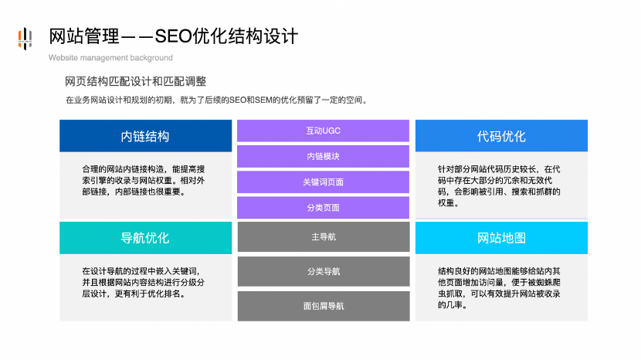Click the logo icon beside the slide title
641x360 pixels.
25,38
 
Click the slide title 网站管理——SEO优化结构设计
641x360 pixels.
173,36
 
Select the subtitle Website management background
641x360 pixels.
110,58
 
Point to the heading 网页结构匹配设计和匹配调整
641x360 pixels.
135,81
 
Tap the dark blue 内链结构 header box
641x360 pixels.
145,136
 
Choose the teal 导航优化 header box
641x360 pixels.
145,237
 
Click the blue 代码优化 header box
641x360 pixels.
501,136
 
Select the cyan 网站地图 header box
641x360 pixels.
501,237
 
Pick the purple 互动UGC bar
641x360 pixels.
323,131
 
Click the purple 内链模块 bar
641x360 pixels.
323,156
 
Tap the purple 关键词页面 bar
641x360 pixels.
323,182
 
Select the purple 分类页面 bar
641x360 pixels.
323,208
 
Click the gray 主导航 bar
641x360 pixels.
323,237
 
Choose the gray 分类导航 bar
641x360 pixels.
323,271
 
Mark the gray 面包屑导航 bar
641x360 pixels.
323,306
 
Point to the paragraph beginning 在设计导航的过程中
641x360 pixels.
145,282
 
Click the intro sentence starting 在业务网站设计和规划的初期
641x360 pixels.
216,100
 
